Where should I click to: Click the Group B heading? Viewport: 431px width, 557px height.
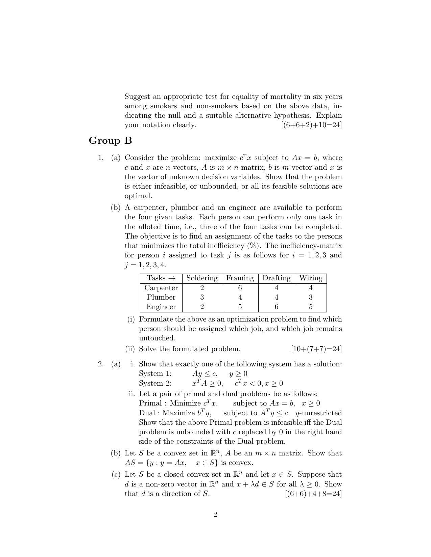[x=110, y=141]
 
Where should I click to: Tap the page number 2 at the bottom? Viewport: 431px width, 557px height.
[x=215, y=514]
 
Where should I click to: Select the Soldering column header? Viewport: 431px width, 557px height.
[x=202, y=278]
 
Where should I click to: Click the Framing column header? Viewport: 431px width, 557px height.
[x=240, y=278]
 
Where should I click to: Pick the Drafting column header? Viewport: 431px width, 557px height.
[x=276, y=278]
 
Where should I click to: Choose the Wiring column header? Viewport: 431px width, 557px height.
[x=311, y=278]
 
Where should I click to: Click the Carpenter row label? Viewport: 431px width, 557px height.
[x=161, y=288]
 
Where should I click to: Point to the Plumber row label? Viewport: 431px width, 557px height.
[x=161, y=297]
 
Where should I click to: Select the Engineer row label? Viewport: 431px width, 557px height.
[x=161, y=307]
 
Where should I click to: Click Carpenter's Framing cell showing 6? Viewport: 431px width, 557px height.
[x=240, y=288]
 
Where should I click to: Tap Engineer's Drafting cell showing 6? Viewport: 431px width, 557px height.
[x=276, y=307]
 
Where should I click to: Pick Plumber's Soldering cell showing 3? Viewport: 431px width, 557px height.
[x=202, y=297]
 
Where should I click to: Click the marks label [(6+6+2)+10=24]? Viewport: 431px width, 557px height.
[x=311, y=125]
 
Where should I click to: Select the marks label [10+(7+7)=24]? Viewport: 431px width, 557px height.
[x=316, y=349]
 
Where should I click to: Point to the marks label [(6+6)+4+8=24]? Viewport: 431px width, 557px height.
[x=313, y=494]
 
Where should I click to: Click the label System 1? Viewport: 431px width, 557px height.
[x=155, y=374]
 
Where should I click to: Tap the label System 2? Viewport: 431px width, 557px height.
[x=155, y=384]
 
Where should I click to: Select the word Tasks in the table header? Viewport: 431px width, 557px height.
[x=156, y=278]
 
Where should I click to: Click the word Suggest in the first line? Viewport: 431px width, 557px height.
[x=137, y=97]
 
